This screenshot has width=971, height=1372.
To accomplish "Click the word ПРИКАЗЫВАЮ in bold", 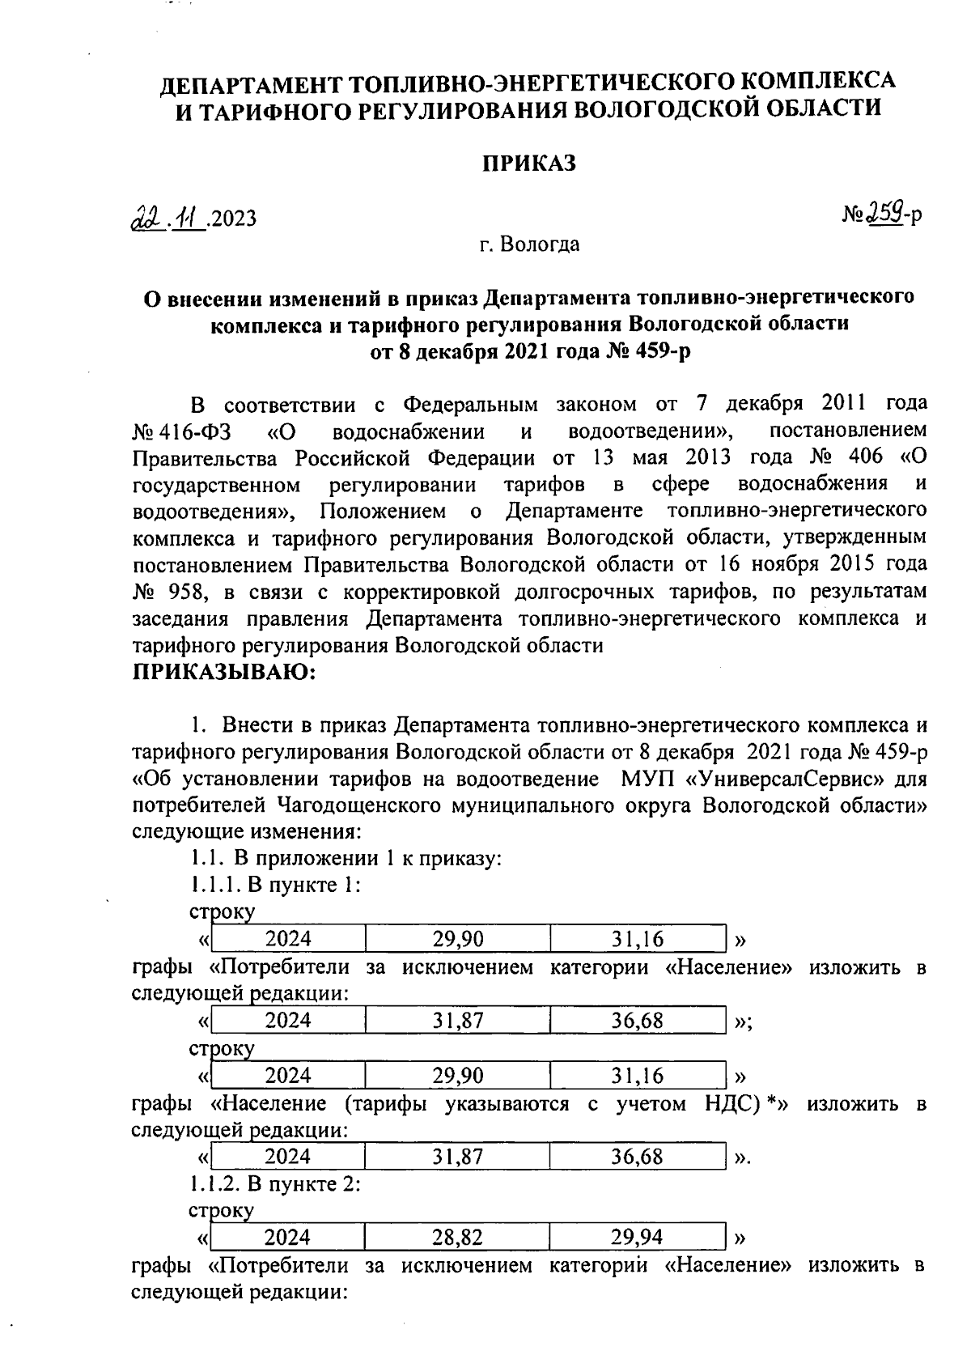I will tap(223, 672).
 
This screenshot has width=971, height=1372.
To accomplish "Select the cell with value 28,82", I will tap(457, 1237).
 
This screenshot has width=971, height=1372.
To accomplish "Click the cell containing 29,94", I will tap(637, 1237).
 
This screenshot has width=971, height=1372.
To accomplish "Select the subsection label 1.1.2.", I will tap(214, 1184).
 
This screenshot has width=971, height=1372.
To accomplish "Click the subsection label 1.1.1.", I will tap(214, 884).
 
